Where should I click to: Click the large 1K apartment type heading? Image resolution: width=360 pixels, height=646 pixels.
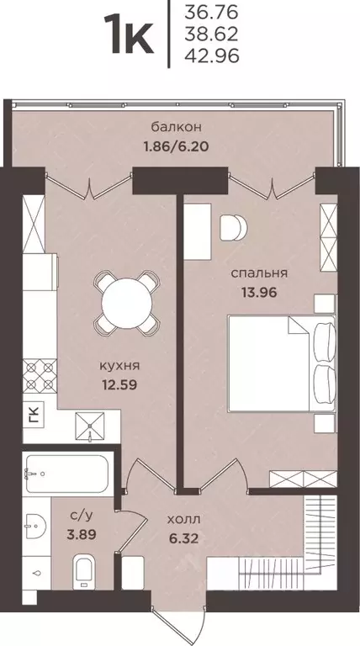[129, 34]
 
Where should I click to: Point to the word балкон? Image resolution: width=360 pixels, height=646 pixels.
[177, 127]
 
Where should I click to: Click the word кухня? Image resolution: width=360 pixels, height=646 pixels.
[118, 366]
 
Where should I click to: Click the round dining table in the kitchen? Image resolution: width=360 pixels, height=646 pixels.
[124, 300]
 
